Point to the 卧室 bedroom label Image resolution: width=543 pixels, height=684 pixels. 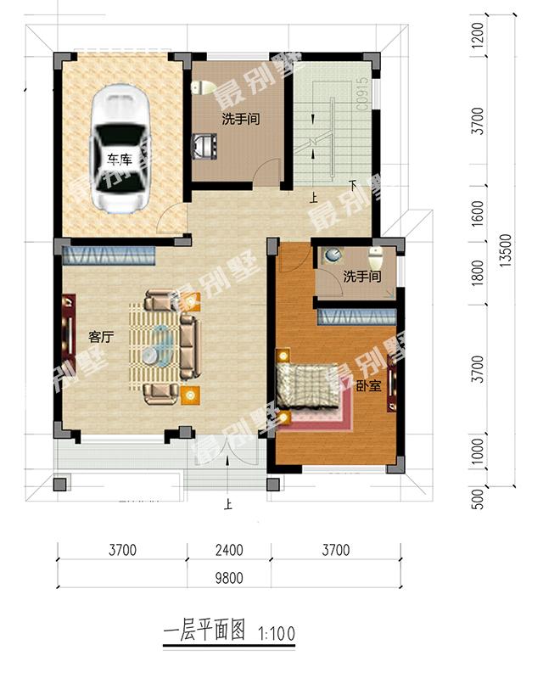pyautogui.click(x=367, y=386)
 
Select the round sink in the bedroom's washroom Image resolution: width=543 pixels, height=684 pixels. pyautogui.click(x=333, y=254)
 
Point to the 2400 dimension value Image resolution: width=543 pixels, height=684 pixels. pyautogui.click(x=227, y=550)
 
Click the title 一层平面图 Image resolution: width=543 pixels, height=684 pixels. pyautogui.click(x=203, y=631)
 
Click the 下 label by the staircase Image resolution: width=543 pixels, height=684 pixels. pyautogui.click(x=352, y=185)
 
